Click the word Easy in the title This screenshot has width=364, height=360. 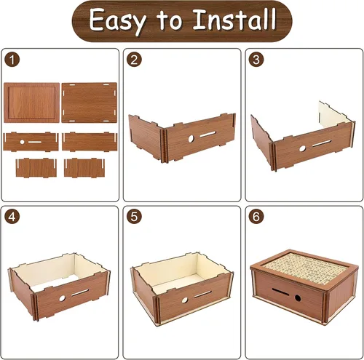118,21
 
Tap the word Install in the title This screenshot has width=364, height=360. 234,19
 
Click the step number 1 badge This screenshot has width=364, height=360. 12,60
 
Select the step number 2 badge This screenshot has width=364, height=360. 134,60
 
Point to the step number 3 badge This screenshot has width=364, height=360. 256,60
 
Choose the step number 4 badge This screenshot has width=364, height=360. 12,217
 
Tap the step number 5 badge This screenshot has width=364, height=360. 134,217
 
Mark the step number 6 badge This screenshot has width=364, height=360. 256,217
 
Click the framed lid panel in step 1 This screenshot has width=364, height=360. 31,103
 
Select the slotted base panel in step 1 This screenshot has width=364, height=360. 90,103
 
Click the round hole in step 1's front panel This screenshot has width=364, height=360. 22,142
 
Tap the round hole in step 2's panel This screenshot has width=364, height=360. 191,139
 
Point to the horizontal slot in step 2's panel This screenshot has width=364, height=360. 207,135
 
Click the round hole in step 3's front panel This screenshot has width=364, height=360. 302,148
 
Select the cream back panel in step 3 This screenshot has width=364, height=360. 335,114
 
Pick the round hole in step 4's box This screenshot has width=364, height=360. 63,298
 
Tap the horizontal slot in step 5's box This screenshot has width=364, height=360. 203,295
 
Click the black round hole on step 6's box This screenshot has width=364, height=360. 298,298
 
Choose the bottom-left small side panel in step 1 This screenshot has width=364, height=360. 36,167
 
